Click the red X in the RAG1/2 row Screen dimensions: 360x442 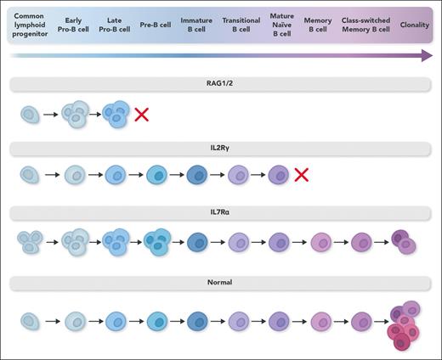(x=142, y=114)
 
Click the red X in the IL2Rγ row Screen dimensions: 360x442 (x=301, y=176)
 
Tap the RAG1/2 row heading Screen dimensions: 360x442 (x=221, y=85)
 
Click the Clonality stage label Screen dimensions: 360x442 (x=414, y=25)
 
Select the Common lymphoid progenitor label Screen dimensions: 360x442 (x=30, y=25)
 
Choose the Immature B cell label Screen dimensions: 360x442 (x=196, y=25)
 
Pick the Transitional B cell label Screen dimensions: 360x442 (x=241, y=25)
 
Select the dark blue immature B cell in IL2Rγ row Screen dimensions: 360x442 (x=196, y=176)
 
